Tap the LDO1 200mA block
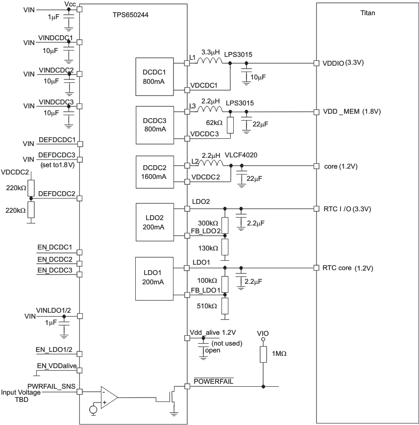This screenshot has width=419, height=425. [154, 278]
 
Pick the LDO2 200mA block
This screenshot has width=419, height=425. [154, 222]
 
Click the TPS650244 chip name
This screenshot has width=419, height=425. [130, 15]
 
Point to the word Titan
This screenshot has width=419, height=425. [368, 13]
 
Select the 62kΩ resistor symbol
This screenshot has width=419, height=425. [230, 125]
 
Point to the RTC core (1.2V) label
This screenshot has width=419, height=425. [347, 268]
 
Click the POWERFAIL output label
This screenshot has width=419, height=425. [212, 381]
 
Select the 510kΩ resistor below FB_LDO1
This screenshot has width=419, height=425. [225, 305]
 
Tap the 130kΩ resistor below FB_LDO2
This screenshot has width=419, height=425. [225, 247]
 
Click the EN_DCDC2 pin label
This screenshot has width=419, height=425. [55, 259]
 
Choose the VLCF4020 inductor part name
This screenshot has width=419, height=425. [242, 155]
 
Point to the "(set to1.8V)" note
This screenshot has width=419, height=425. [56, 165]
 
